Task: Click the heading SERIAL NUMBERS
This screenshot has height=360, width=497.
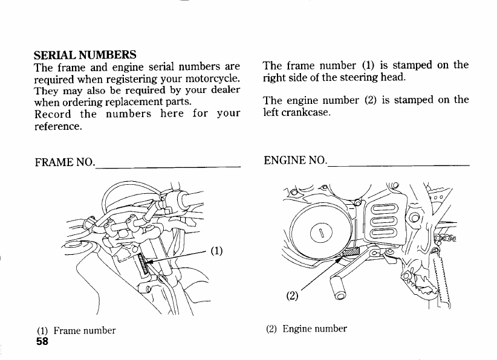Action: pos(85,54)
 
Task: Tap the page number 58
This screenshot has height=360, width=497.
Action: pos(42,341)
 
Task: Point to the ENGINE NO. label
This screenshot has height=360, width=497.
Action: pos(295,161)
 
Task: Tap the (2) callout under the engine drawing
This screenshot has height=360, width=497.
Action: pos(293,296)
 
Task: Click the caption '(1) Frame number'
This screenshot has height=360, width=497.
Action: pos(76,330)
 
